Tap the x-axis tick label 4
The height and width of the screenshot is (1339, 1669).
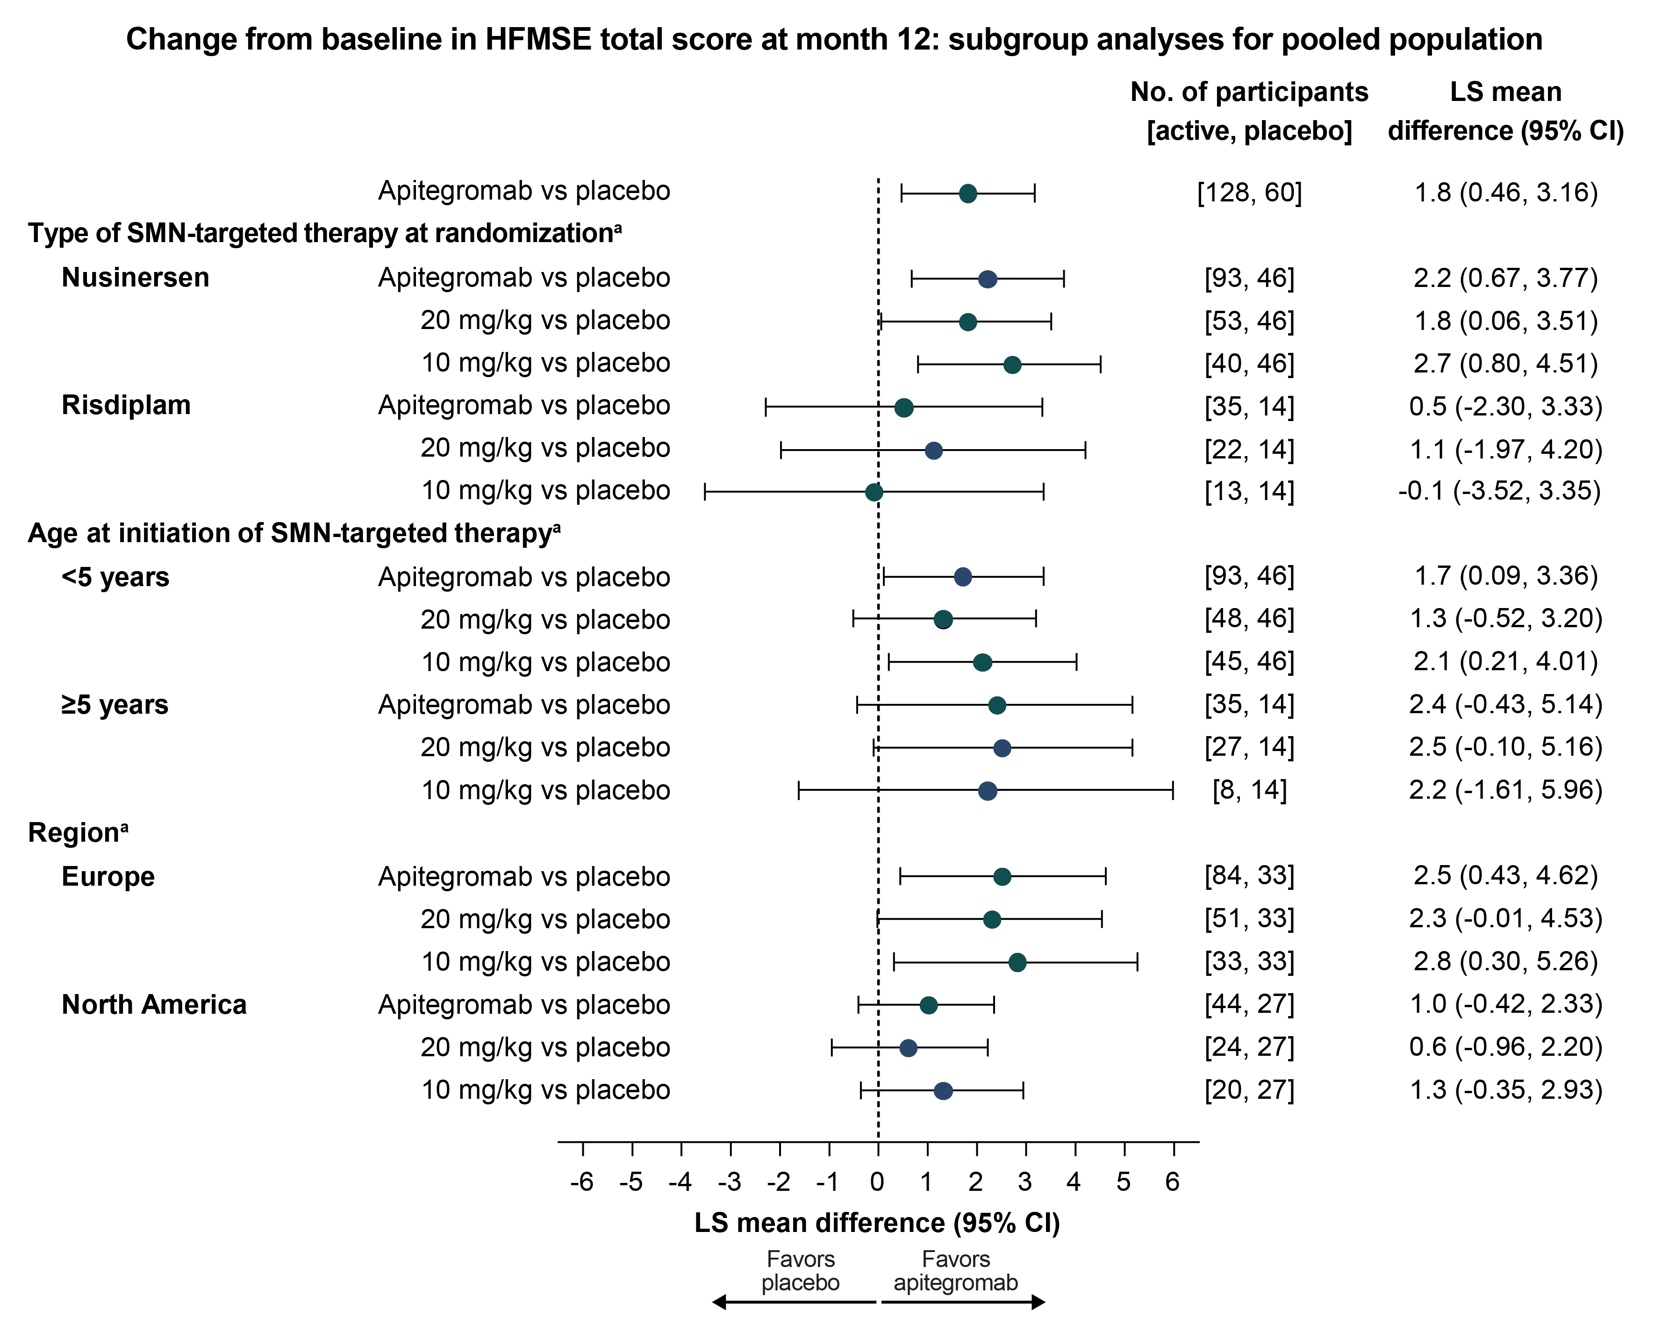[x=1074, y=1182]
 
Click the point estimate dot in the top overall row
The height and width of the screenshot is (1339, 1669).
[x=967, y=193]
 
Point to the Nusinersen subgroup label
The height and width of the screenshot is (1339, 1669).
[x=136, y=277]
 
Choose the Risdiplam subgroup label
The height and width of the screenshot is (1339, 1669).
[x=126, y=405]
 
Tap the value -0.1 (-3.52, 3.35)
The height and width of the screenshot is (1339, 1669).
[x=1499, y=491]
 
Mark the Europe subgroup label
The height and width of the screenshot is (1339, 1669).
[x=108, y=876]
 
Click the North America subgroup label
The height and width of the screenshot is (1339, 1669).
[x=154, y=1005]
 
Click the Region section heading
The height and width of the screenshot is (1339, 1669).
[x=78, y=833]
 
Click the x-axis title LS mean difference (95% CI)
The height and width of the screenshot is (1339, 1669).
[x=877, y=1223]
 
